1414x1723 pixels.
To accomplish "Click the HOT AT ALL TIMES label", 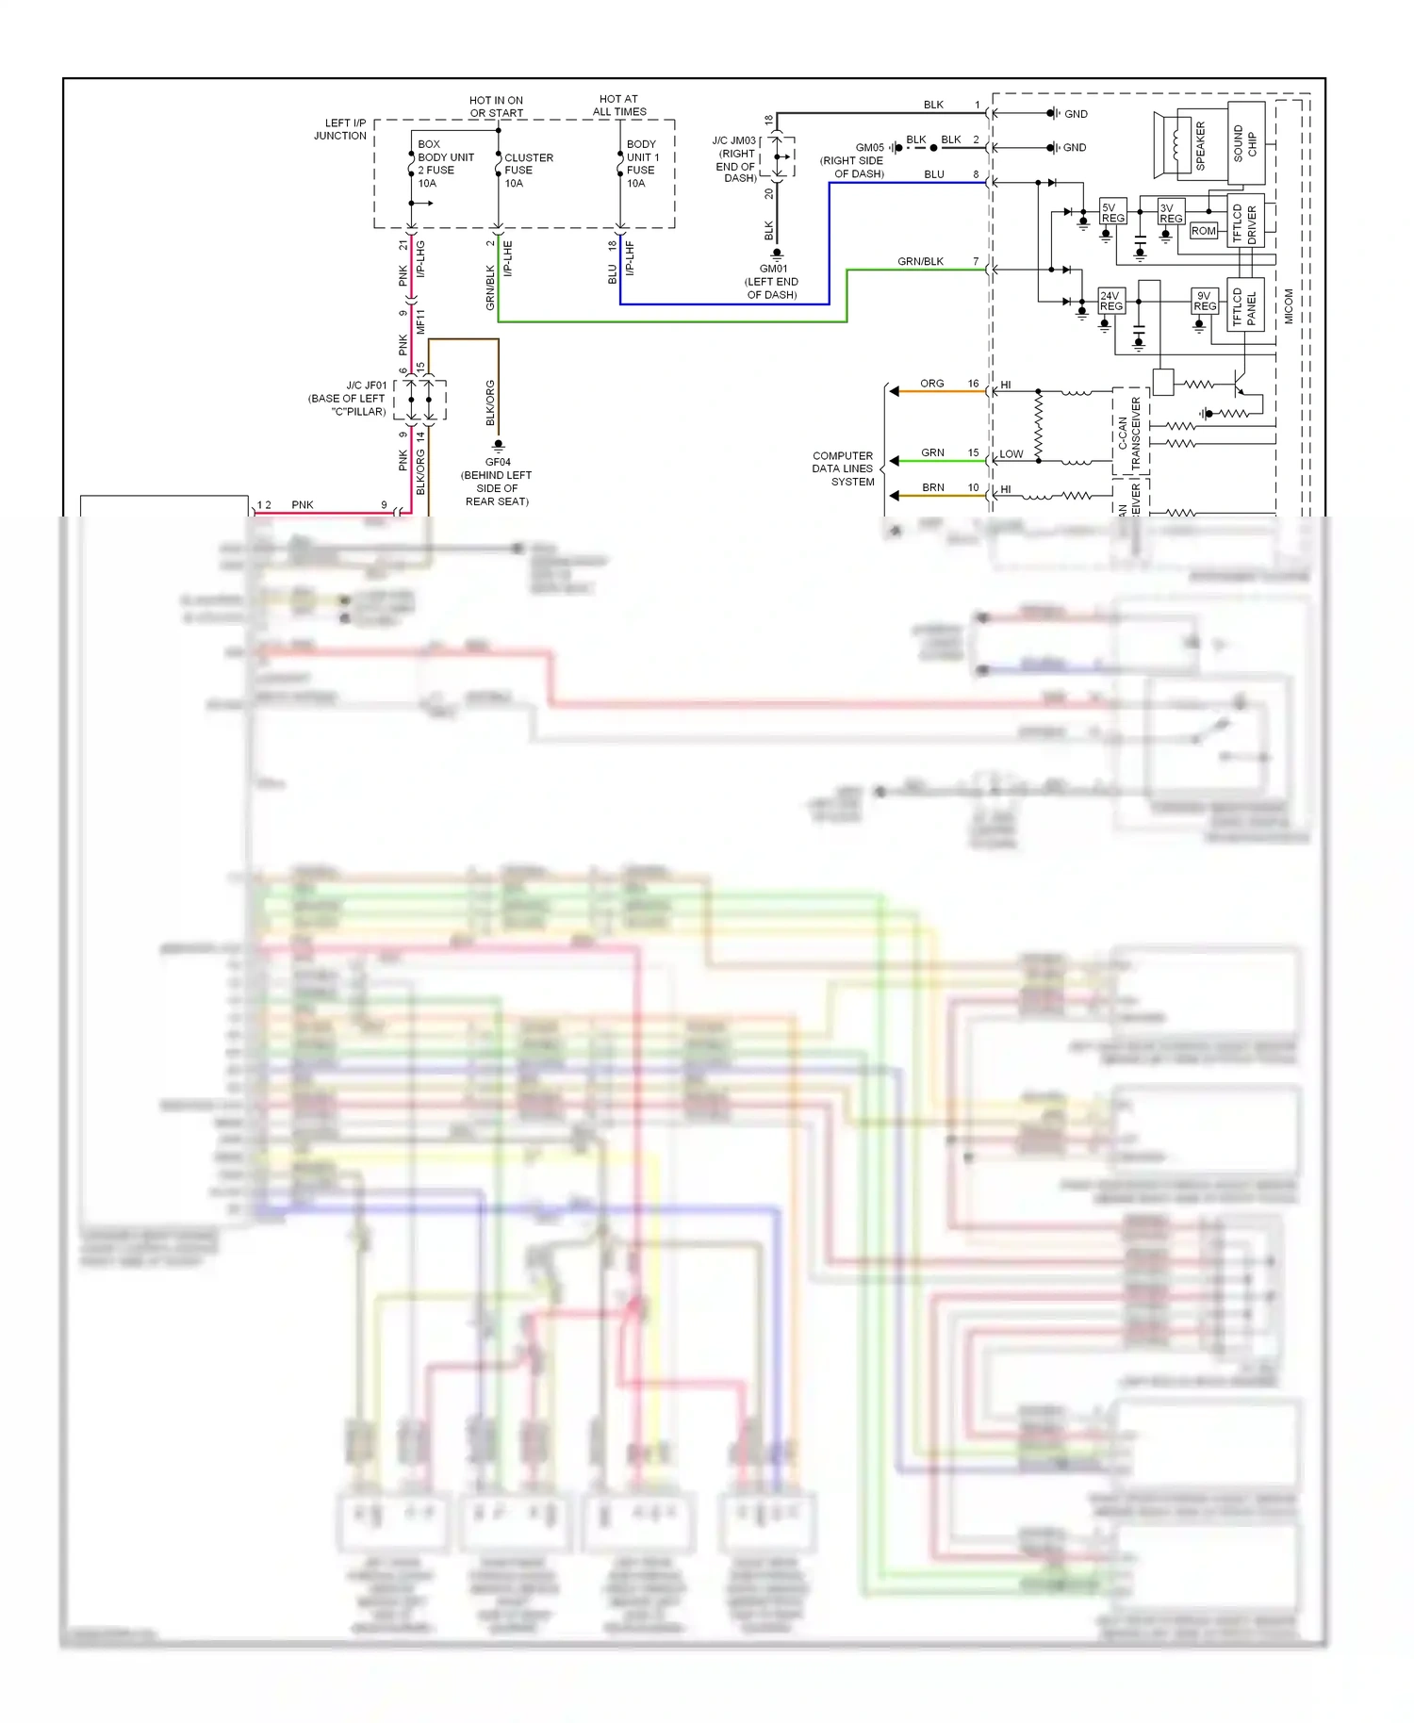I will [x=619, y=105].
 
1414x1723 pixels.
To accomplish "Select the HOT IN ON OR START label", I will [x=497, y=107].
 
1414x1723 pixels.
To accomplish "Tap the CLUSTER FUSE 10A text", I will [x=528, y=171].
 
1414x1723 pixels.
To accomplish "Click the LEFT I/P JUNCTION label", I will [x=341, y=129].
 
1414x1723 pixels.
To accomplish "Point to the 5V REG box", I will [x=1112, y=213].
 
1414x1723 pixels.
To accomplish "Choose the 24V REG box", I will [x=1110, y=301].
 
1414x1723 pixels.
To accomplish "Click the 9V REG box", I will [x=1204, y=301].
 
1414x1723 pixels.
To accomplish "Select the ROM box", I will [x=1203, y=231].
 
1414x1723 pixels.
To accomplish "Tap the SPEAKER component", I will [x=1189, y=145].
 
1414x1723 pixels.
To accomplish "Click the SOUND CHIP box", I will [x=1245, y=143].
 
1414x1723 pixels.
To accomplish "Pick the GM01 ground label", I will [x=773, y=281].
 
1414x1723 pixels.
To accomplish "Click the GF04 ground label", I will [x=497, y=481].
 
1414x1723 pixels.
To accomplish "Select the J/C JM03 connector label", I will [x=734, y=159].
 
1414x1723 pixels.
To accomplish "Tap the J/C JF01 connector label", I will [x=348, y=398].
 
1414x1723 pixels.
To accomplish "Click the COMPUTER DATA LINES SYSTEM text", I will [x=843, y=468].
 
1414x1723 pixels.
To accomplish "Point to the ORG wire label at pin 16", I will [x=931, y=384].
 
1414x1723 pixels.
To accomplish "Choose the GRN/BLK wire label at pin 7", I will [x=920, y=261].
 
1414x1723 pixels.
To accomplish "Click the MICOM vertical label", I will [x=1289, y=306].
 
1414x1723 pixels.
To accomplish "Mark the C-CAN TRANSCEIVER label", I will [x=1128, y=433].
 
